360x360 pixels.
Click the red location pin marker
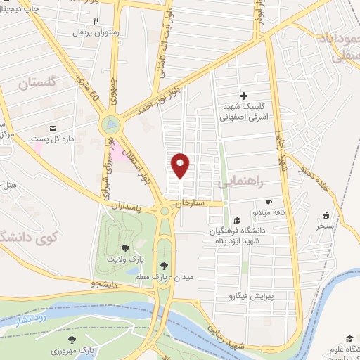(x=181, y=165)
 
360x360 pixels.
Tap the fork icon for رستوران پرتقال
(x=96, y=21)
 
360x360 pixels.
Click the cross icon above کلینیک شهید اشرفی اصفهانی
(x=244, y=96)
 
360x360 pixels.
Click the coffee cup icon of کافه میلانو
(x=269, y=202)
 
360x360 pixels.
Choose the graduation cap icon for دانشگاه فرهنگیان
(x=237, y=220)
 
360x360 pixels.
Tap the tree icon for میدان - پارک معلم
(x=164, y=265)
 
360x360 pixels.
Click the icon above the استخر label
(x=325, y=216)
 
